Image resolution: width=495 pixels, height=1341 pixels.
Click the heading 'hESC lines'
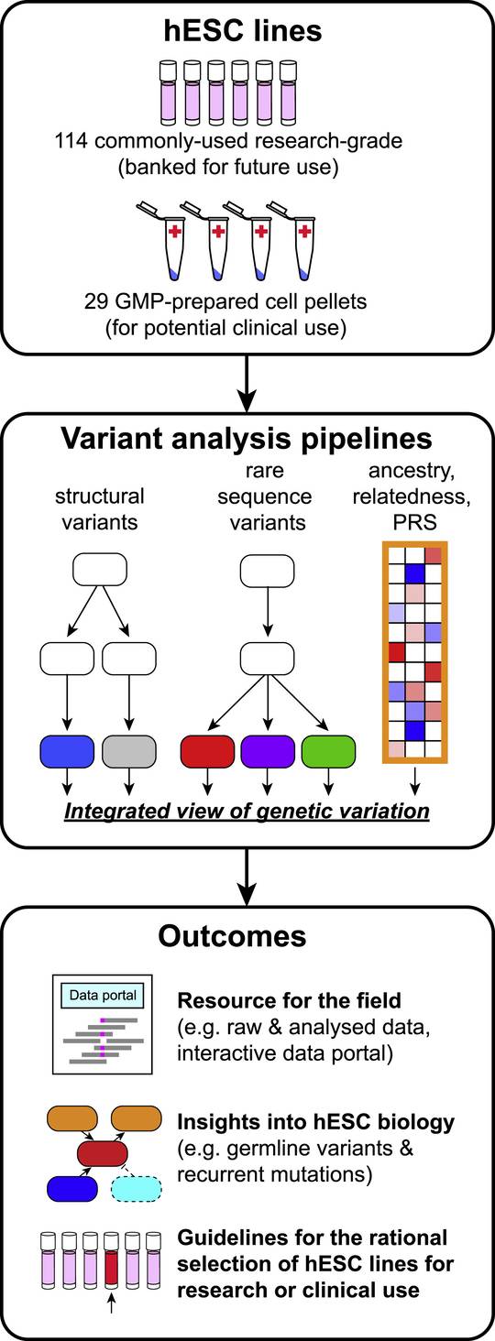[247, 32]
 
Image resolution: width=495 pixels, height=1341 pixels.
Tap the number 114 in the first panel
[71, 141]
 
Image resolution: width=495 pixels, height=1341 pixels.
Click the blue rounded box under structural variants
[67, 751]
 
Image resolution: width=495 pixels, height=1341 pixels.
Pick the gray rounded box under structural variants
[129, 751]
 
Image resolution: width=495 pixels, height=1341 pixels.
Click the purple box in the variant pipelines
[267, 751]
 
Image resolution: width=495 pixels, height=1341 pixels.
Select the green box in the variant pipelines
[327, 751]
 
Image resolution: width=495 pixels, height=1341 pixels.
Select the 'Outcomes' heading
[233, 935]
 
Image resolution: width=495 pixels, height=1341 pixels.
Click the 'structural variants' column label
[100, 507]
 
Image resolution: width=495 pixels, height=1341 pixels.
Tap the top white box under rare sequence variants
[267, 571]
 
